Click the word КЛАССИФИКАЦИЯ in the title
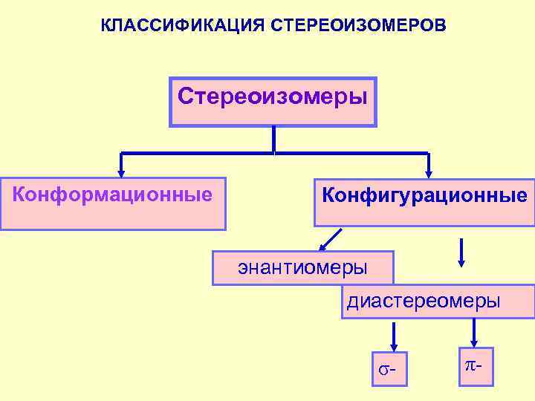pyautogui.click(x=179, y=27)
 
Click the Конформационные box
pyautogui.click(x=113, y=203)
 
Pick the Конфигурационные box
pyautogui.click(x=424, y=202)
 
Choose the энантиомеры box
pyautogui.click(x=302, y=268)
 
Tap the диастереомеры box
pyautogui.click(x=438, y=301)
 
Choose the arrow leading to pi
pyautogui.click(x=476, y=332)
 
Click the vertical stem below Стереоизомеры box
pyautogui.click(x=274, y=140)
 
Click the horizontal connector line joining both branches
pyautogui.click(x=274, y=154)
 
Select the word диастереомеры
pyautogui.click(x=423, y=301)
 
